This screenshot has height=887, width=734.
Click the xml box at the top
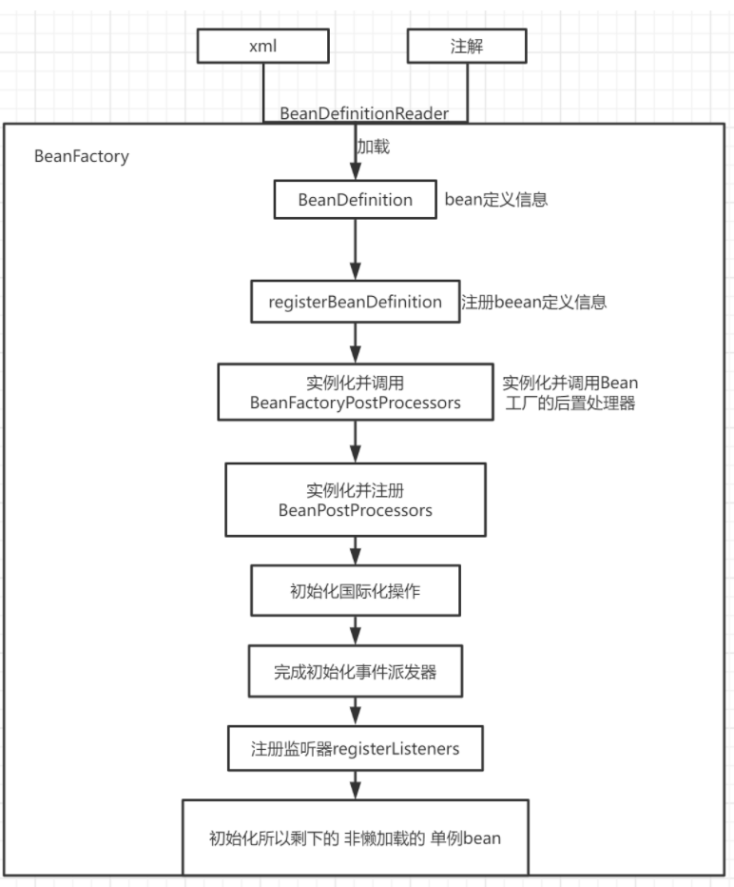[x=262, y=46]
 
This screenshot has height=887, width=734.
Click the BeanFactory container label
[x=81, y=156]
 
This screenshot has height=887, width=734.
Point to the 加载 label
[x=373, y=148]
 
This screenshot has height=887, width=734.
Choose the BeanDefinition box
[x=355, y=200]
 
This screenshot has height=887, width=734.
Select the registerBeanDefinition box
[x=355, y=302]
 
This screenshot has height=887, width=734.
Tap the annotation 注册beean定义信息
[x=533, y=303]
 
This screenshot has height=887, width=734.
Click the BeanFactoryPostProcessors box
[x=355, y=392]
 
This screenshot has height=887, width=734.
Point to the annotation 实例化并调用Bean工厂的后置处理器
[x=570, y=392]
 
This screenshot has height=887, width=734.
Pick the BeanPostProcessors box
[x=355, y=500]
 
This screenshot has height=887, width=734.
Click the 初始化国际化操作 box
[x=355, y=591]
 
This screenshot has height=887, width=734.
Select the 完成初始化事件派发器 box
[x=355, y=671]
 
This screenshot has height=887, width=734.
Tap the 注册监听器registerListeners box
[x=355, y=749]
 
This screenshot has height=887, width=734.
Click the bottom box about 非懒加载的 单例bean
[x=355, y=838]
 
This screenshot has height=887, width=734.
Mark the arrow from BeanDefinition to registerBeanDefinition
[x=355, y=249]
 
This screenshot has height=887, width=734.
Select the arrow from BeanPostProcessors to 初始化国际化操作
[x=355, y=551]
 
